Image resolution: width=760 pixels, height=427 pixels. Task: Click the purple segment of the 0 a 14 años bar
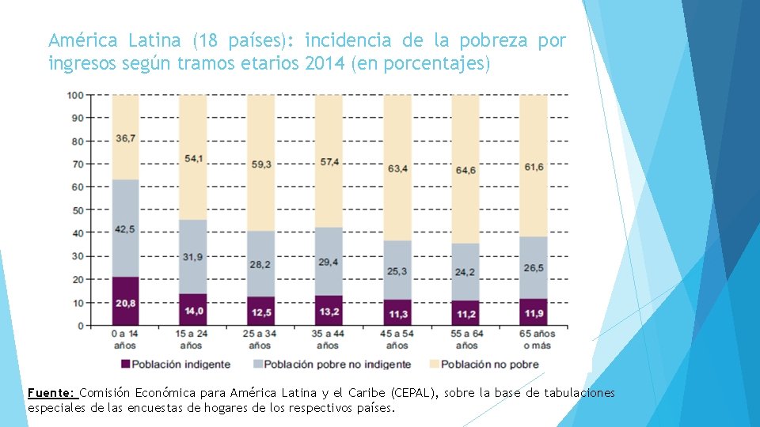click(125, 301)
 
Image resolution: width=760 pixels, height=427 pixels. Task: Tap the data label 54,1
click(193, 159)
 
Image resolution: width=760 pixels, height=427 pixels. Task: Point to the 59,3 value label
click(260, 164)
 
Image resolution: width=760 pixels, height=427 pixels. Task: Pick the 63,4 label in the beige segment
click(397, 168)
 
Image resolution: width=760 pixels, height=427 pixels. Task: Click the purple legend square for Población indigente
click(124, 365)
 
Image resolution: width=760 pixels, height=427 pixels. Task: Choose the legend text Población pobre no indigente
click(337, 365)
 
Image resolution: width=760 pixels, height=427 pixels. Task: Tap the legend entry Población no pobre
click(489, 365)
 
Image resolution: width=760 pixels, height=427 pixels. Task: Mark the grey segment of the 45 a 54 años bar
click(397, 270)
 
